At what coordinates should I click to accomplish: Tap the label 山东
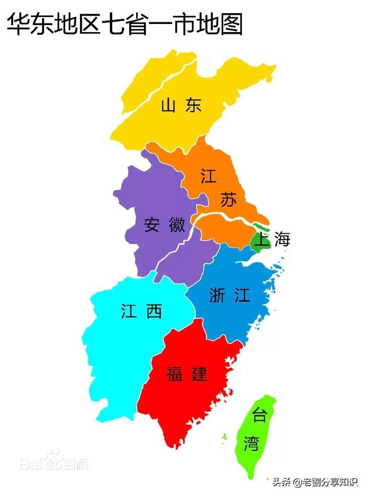181,106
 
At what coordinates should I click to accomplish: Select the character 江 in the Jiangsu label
209,176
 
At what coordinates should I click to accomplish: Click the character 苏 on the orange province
228,200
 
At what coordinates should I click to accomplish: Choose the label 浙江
230,295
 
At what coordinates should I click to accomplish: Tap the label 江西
141,311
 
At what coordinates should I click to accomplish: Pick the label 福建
187,374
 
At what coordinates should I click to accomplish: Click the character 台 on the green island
260,416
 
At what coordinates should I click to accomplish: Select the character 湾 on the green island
250,444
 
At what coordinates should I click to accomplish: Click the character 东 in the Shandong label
193,106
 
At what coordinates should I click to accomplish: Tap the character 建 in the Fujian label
199,374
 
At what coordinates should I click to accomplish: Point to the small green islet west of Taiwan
224,437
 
